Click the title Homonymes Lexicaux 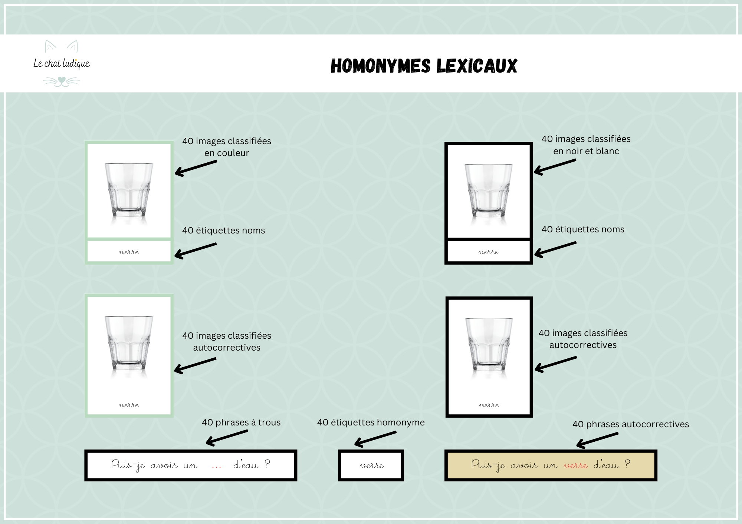pos(424,66)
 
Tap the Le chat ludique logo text pos(62,64)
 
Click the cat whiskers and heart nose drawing pos(62,82)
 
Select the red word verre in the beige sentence pos(575,465)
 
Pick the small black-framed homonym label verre pos(371,465)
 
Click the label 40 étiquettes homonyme pos(371,422)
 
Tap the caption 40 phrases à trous pos(241,422)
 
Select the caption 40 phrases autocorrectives pos(631,424)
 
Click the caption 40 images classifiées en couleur pos(227,147)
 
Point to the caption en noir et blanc pos(586,151)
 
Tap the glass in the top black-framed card pos(489,190)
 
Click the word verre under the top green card pos(129,252)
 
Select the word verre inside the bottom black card pos(489,405)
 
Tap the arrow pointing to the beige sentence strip pos(597,440)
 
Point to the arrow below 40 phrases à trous pos(227,438)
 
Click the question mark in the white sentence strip pos(267,464)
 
